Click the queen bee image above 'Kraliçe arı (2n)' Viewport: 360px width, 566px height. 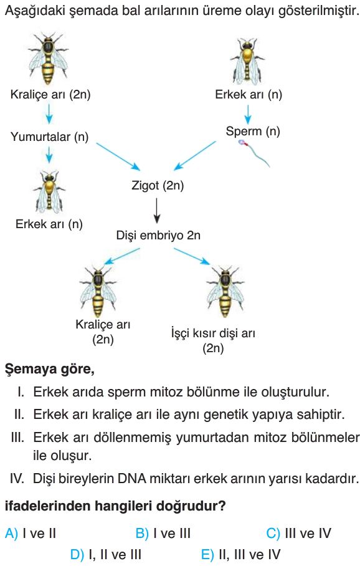[x=49, y=58]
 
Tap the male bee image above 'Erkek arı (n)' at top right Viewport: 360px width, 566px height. [x=247, y=61]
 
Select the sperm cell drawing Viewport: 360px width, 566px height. [x=253, y=153]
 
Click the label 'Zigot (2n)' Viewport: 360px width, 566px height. [x=158, y=186]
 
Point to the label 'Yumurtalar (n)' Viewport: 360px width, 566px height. [x=49, y=137]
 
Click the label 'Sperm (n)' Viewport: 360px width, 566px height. [x=253, y=131]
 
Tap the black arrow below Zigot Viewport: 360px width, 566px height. [x=156, y=211]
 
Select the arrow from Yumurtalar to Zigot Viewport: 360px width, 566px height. [x=118, y=156]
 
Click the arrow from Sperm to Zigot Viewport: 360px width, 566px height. [x=195, y=156]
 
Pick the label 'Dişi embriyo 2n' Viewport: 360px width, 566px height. [x=158, y=236]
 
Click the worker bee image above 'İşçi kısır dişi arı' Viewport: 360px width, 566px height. [x=225, y=291]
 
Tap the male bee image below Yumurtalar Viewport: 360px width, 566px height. [x=49, y=191]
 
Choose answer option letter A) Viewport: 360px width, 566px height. [x=11, y=533]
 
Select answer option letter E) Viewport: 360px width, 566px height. [x=207, y=554]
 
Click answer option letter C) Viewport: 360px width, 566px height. [x=273, y=533]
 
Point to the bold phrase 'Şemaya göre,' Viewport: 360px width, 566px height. [x=50, y=370]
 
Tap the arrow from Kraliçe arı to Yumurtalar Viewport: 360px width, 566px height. [x=49, y=113]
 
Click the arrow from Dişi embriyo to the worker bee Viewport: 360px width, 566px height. [x=192, y=256]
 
